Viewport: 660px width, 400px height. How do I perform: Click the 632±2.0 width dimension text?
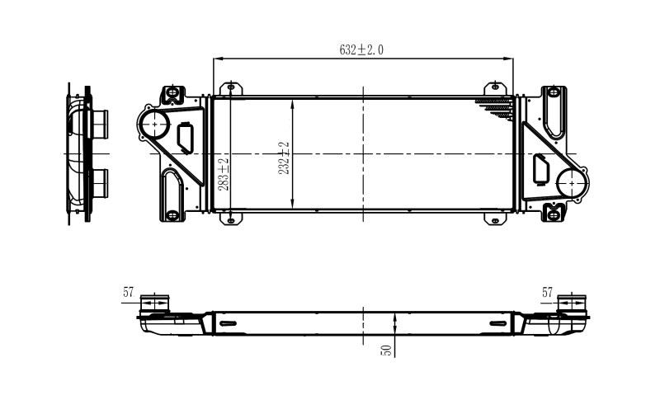click(x=361, y=49)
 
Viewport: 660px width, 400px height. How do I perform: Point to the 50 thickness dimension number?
click(x=385, y=350)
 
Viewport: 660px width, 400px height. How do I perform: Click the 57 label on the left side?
click(x=129, y=292)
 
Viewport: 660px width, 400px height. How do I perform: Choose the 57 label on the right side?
click(x=548, y=292)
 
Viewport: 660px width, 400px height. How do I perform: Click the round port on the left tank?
click(x=153, y=125)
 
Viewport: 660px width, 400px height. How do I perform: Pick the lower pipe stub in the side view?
click(x=100, y=181)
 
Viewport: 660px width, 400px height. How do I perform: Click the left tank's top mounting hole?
click(x=172, y=91)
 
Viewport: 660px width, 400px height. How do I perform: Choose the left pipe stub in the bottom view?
click(x=153, y=303)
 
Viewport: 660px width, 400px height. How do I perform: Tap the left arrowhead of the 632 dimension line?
click(x=218, y=59)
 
